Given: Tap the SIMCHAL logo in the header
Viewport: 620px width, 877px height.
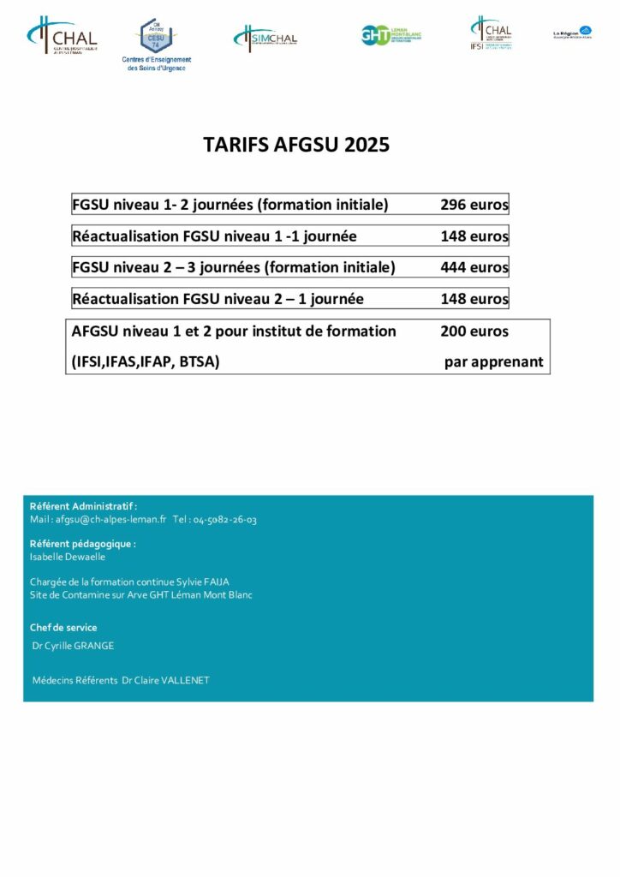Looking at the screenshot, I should click(x=265, y=38).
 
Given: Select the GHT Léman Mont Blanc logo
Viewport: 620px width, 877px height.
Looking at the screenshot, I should click(x=391, y=35).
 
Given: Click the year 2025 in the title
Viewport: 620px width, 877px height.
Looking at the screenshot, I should click(x=367, y=145).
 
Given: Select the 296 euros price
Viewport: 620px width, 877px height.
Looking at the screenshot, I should click(x=474, y=205).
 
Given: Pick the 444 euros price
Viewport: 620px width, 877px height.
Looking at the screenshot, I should click(x=474, y=267).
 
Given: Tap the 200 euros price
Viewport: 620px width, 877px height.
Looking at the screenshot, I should click(x=474, y=331).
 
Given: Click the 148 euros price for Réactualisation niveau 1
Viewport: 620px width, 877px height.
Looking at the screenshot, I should click(x=474, y=236).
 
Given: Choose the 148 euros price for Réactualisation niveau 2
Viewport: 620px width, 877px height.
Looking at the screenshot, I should click(x=474, y=299).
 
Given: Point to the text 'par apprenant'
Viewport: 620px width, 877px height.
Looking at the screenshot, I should click(x=493, y=361).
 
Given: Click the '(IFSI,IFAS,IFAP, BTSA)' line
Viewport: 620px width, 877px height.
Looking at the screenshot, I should click(x=146, y=361).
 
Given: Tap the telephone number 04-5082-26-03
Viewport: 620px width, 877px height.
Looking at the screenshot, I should click(x=224, y=519).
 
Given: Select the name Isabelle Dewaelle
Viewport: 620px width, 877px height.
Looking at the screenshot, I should click(x=68, y=557).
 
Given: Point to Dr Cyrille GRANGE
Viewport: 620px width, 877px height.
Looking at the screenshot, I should click(x=73, y=646).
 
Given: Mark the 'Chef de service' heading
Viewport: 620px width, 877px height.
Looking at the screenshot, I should click(x=63, y=628).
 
